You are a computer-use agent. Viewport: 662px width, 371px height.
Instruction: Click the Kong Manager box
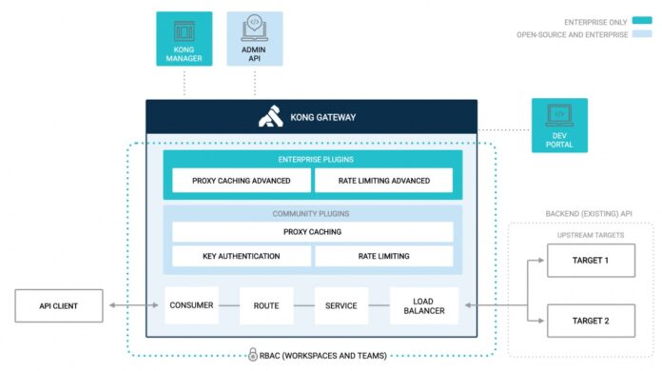[x=185, y=39]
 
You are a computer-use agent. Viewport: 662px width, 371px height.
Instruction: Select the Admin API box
[x=254, y=39]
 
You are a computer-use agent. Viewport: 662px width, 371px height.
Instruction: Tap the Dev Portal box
[x=559, y=126]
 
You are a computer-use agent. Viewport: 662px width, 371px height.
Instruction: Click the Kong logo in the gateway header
[x=271, y=118]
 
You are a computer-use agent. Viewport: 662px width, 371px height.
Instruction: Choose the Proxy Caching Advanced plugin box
[x=238, y=180]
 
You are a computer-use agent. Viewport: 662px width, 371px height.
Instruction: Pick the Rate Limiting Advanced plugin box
[x=384, y=180]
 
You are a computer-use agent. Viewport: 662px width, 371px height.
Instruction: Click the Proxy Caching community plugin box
[x=312, y=231]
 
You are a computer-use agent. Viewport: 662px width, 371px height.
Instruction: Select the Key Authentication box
[x=241, y=256]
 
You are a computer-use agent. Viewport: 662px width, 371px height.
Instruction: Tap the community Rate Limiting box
[x=384, y=256]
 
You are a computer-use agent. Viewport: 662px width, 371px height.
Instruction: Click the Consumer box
[x=191, y=305]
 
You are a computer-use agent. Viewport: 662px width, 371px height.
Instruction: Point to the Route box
[x=266, y=305]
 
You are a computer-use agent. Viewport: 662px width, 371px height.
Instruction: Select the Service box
[x=341, y=305]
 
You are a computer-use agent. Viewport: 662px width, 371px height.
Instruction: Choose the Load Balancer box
[x=423, y=305]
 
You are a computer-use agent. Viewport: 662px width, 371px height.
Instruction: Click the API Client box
[x=58, y=305]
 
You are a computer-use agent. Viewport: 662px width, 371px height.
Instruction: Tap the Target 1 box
[x=591, y=260]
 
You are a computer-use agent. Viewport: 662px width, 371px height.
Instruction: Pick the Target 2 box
[x=591, y=321]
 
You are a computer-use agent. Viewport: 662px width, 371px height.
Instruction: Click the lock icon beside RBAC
[x=253, y=355]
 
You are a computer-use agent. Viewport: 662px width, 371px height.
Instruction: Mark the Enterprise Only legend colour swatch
[x=643, y=19]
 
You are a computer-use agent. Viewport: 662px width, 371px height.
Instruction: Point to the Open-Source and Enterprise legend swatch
[x=643, y=34]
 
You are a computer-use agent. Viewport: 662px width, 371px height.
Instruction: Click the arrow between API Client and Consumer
[x=132, y=305]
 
